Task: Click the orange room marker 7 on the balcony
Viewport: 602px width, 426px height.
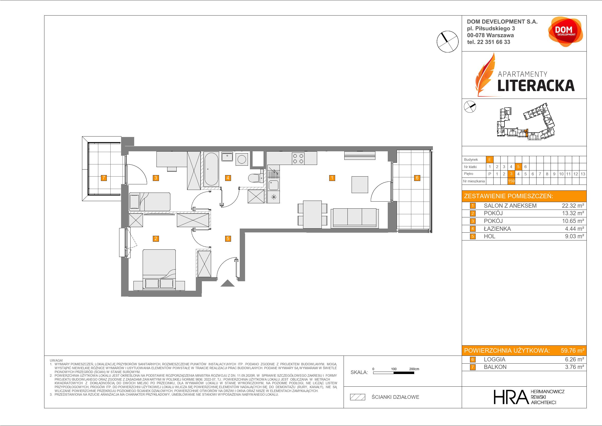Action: pos(104,178)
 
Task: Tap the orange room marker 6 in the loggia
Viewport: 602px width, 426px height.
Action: pos(417,178)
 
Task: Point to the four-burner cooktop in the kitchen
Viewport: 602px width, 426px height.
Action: pos(298,159)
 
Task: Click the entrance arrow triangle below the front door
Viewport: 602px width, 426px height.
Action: pos(227,283)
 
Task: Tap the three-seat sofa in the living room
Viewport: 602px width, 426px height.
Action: pos(355,218)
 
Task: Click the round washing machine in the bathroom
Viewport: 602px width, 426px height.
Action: pos(241,159)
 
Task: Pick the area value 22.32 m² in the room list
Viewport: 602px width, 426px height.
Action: pos(573,206)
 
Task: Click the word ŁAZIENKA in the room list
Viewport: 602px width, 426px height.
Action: pos(497,229)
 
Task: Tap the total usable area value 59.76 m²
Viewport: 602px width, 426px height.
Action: pos(572,350)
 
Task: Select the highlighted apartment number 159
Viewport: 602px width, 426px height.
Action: pos(511,181)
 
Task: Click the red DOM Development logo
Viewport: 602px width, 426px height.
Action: pos(565,32)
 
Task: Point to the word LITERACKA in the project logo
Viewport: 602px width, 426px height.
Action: pos(536,85)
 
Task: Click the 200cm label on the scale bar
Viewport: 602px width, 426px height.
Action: pos(414,369)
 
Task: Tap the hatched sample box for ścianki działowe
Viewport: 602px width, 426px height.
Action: pos(358,397)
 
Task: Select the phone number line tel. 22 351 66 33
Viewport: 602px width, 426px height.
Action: pos(488,42)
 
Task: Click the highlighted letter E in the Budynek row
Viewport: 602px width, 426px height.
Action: pos(489,159)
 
